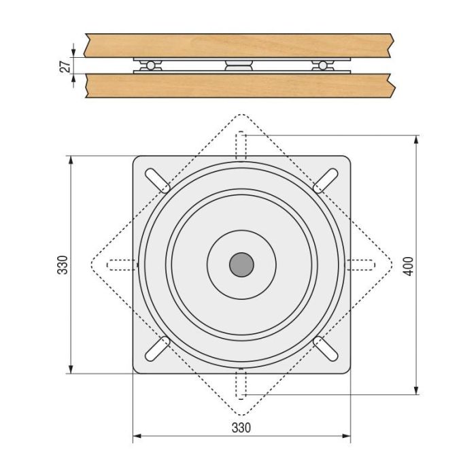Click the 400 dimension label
[x=407, y=265]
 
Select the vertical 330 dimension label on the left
[x=63, y=265]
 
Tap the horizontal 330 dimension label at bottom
[x=241, y=428]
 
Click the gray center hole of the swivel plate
[x=241, y=265]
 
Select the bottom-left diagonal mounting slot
[x=158, y=348]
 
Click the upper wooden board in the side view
[x=238, y=45]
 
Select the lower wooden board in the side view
[x=238, y=86]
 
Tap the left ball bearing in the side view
[x=150, y=65]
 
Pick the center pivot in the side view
[x=238, y=65]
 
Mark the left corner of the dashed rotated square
[x=90, y=265]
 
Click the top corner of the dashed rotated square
[x=241, y=114]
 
